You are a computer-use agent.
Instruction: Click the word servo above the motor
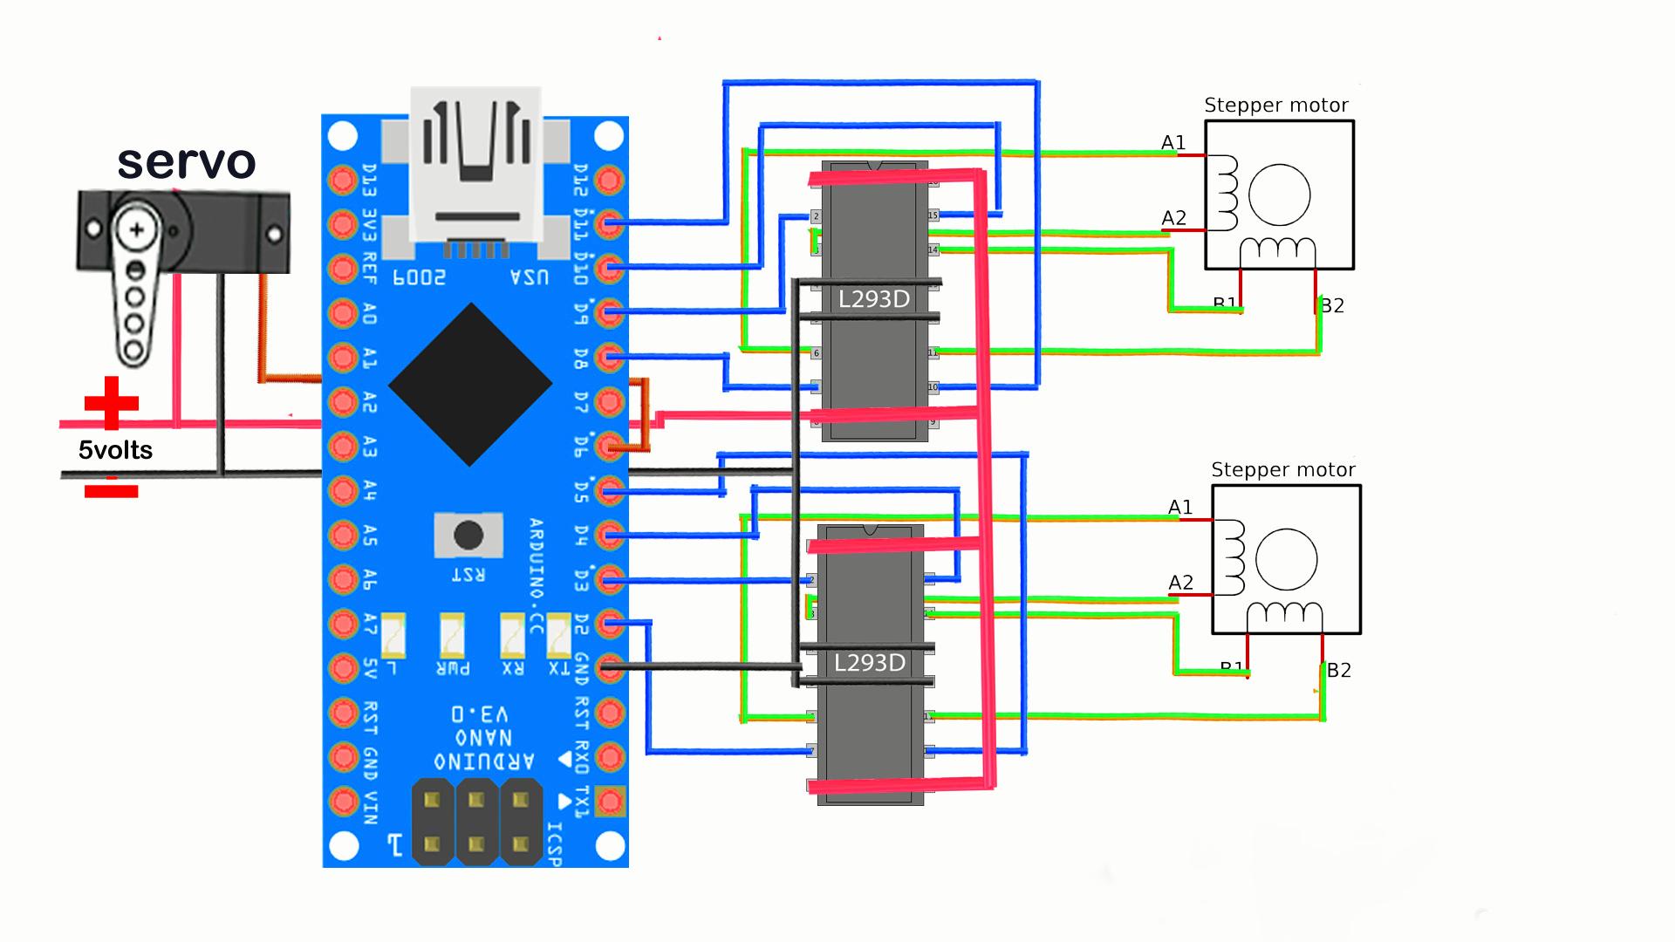[x=187, y=162]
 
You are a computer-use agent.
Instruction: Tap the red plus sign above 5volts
[x=111, y=403]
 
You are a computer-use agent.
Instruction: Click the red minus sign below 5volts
[x=111, y=491]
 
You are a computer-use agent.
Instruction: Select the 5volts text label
[x=115, y=450]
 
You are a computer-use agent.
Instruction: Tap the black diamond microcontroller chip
[x=470, y=385]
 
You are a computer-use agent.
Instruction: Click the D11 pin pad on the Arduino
[x=610, y=224]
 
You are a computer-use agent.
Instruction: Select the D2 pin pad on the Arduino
[x=610, y=624]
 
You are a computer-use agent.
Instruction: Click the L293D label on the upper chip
[x=873, y=299]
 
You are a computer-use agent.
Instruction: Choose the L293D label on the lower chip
[x=869, y=663]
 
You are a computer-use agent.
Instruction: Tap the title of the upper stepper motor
[x=1275, y=106]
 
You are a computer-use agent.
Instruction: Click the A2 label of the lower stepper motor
[x=1180, y=583]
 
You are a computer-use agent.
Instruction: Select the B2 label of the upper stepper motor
[x=1332, y=305]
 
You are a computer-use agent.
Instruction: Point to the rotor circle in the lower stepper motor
[x=1286, y=560]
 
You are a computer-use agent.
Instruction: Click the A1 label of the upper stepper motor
[x=1173, y=143]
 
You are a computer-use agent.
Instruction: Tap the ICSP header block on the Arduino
[x=476, y=823]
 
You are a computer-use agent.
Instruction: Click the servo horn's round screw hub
[x=136, y=231]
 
